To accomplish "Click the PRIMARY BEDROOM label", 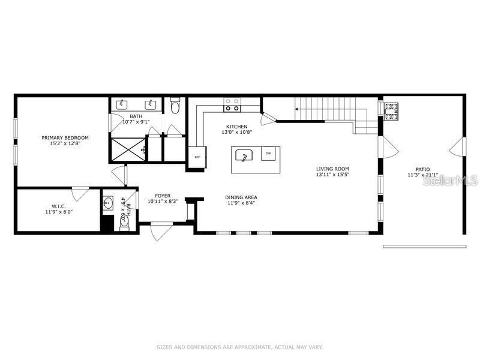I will [65, 138].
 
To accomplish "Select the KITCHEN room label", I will [236, 127].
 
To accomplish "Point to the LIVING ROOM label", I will [332, 169].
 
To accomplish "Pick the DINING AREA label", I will [241, 197].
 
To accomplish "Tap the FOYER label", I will [163, 196].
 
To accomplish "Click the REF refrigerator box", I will [197, 157].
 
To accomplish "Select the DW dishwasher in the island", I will [268, 154].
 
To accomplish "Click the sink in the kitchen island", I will [244, 155].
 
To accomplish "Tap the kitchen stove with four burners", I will [232, 105].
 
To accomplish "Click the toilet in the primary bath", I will [175, 107].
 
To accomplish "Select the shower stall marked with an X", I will [128, 148].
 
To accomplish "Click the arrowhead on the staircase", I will [296, 109].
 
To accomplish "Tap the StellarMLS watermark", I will [450, 180].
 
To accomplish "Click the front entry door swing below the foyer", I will [161, 232].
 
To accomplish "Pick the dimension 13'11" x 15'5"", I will [332, 175].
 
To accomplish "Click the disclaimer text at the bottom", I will [240, 347].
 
